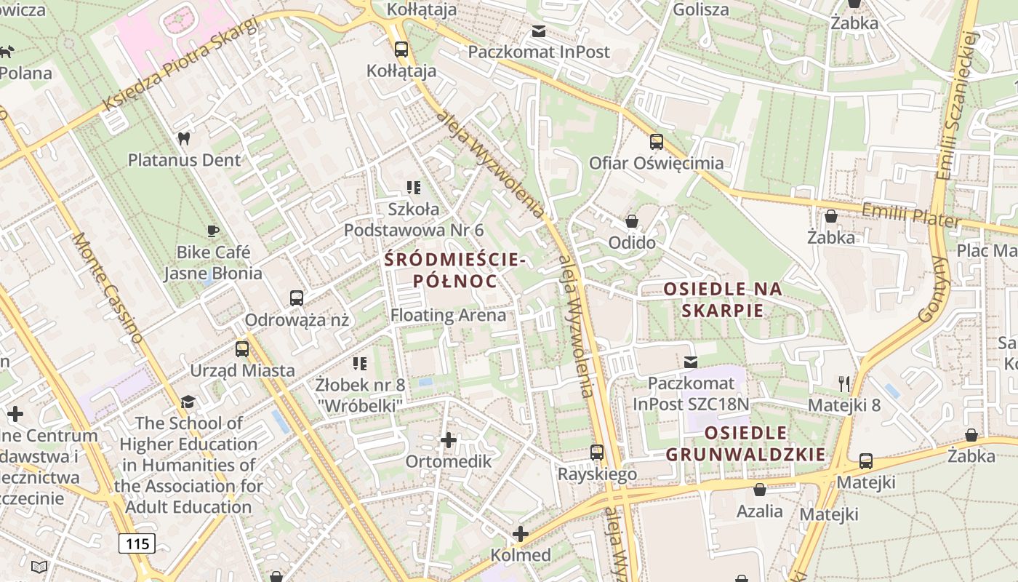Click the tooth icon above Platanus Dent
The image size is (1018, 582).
(183, 137)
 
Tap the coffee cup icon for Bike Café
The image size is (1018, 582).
(212, 231)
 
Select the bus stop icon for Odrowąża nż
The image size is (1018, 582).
(296, 298)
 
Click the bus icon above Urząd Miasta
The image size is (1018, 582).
(242, 348)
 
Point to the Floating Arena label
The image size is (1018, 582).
(448, 315)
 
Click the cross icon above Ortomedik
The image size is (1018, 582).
(449, 439)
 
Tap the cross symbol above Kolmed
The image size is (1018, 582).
(520, 533)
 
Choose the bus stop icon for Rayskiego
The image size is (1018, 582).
(597, 452)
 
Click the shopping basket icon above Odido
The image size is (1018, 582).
(632, 220)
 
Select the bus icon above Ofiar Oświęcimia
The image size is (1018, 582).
(657, 141)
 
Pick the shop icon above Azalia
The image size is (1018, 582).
(760, 490)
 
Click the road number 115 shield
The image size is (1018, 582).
(137, 543)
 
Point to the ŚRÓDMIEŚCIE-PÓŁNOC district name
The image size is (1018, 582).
(454, 270)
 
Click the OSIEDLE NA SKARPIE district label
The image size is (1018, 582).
(723, 299)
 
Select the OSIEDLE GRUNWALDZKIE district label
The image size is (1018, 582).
(745, 444)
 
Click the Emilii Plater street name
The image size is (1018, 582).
(910, 215)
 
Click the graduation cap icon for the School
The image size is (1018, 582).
(188, 402)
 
